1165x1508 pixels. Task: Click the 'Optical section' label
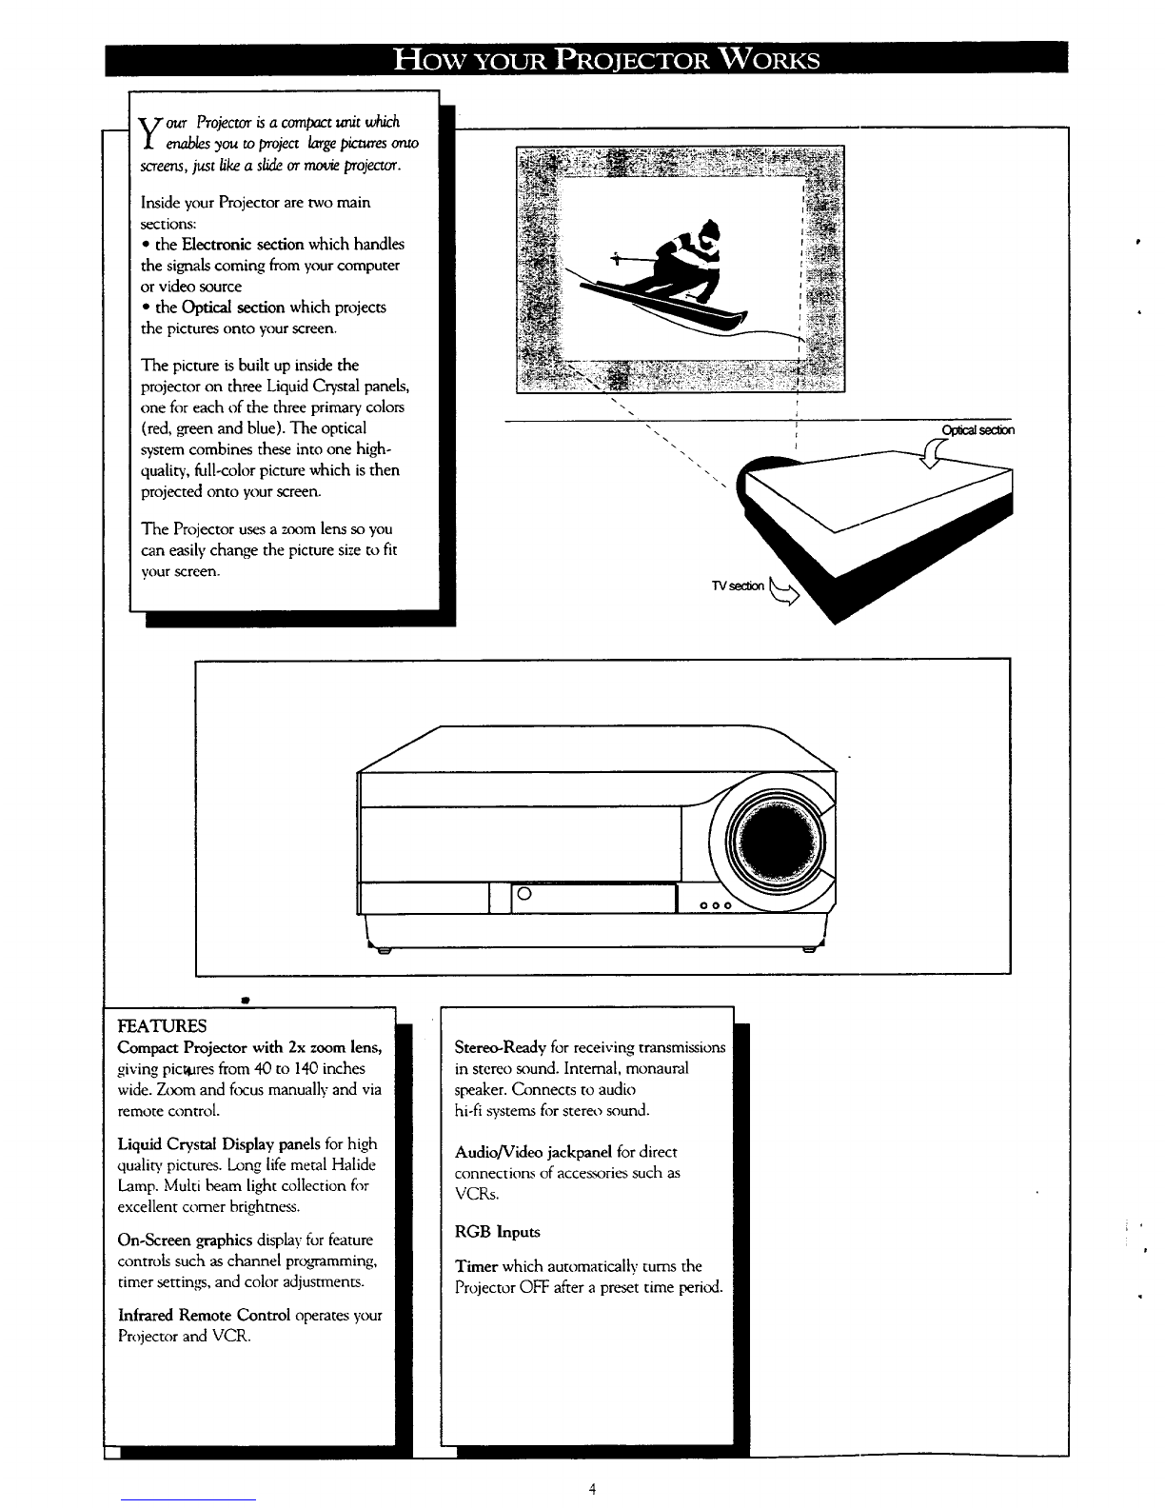(977, 430)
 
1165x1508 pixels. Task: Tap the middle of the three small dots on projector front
(713, 906)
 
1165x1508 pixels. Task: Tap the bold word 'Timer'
(476, 1267)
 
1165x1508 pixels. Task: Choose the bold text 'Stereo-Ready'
(500, 1047)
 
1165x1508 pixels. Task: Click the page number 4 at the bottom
(592, 1489)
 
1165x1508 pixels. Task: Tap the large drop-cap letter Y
(148, 133)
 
